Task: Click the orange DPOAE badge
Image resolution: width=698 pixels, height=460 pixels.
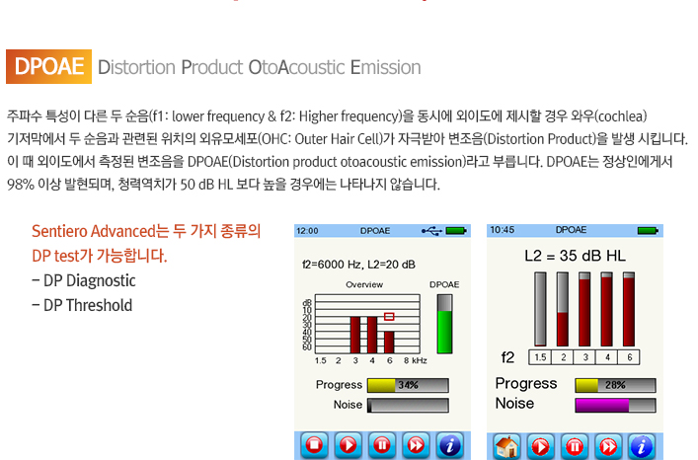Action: pyautogui.click(x=48, y=67)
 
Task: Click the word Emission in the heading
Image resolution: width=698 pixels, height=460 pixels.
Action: pyautogui.click(x=385, y=68)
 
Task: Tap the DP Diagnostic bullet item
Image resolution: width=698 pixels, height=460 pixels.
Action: pyautogui.click(x=84, y=280)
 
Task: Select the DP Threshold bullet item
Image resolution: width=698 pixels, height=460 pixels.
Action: pyautogui.click(x=82, y=306)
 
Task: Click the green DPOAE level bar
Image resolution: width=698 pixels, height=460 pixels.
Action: pyautogui.click(x=444, y=332)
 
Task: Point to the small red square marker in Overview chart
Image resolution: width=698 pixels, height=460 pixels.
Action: pyautogui.click(x=389, y=316)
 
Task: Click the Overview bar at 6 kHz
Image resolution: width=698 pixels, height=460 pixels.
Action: pyautogui.click(x=389, y=343)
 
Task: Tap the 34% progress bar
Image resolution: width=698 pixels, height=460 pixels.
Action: pyautogui.click(x=408, y=385)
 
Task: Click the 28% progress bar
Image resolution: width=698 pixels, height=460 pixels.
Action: pyautogui.click(x=615, y=385)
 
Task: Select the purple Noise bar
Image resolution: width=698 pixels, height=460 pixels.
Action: pyautogui.click(x=602, y=406)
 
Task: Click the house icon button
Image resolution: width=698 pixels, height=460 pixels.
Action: pyautogui.click(x=506, y=446)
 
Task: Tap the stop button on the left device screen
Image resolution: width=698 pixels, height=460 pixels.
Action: pyautogui.click(x=314, y=444)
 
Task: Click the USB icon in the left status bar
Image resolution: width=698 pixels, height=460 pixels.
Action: pyautogui.click(x=431, y=230)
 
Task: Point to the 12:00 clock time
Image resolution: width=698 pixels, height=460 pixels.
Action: pyautogui.click(x=307, y=231)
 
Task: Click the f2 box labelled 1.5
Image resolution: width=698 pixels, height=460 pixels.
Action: pyautogui.click(x=540, y=357)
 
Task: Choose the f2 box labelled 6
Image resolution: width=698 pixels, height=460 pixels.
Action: pyautogui.click(x=629, y=357)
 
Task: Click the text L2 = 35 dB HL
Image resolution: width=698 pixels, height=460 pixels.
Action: pyautogui.click(x=576, y=256)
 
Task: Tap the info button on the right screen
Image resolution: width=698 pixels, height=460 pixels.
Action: pyautogui.click(x=642, y=446)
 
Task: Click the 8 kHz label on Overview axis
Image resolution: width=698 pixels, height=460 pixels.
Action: pyautogui.click(x=416, y=360)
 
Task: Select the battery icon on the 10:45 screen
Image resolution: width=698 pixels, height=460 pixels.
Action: pyautogui.click(x=648, y=230)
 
